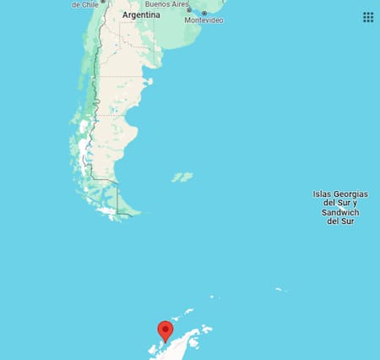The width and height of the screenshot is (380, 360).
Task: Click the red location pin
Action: [166, 330]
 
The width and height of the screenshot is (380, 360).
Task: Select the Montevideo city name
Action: [205, 20]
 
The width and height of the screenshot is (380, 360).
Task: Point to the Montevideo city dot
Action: [204, 13]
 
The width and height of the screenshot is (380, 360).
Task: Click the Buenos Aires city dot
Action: [189, 10]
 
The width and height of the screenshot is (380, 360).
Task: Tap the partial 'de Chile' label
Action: [85, 4]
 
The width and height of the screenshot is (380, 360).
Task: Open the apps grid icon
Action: [368, 17]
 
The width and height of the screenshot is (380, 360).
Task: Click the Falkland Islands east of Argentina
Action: [182, 177]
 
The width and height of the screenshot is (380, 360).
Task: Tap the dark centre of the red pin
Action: [166, 327]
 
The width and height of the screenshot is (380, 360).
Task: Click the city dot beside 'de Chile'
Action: [103, 2]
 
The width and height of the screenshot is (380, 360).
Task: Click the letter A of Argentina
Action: [125, 15]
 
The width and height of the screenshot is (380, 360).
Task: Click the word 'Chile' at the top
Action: [91, 4]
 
